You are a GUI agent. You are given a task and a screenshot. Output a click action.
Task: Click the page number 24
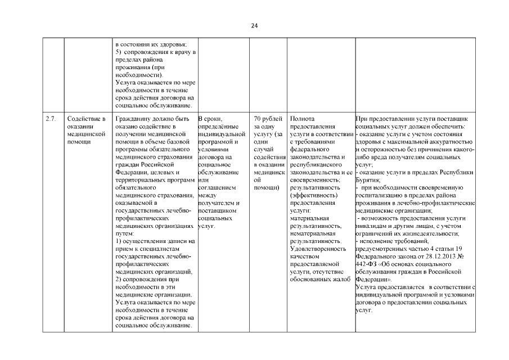(x=254, y=26)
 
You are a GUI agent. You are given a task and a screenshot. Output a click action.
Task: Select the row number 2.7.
(x=51, y=119)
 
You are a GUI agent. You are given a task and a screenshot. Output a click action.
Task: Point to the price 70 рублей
(x=268, y=119)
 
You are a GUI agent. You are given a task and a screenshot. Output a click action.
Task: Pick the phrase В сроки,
(x=211, y=119)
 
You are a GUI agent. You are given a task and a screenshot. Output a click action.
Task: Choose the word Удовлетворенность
(x=318, y=248)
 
